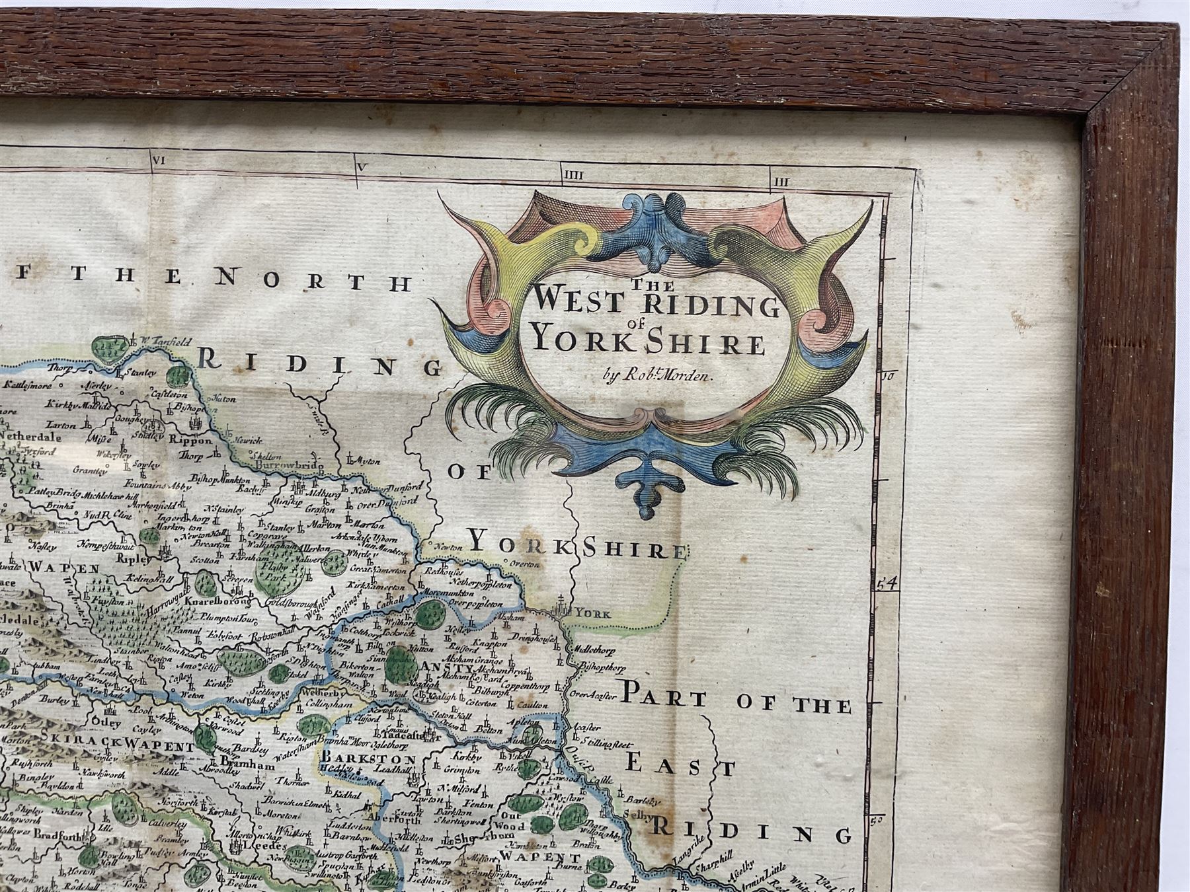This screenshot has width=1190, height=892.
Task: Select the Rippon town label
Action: click(x=192, y=441)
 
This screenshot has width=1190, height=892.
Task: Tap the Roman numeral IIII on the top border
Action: click(x=572, y=174)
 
